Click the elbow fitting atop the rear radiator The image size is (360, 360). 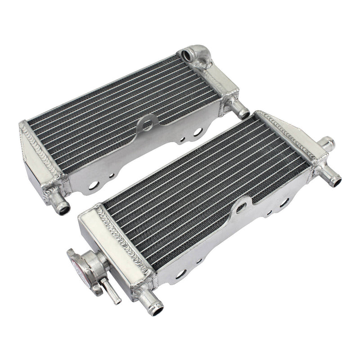(x=195, y=56)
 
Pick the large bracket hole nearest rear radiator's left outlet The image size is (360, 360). (x=94, y=184)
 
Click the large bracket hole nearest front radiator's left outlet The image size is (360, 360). (x=180, y=274)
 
